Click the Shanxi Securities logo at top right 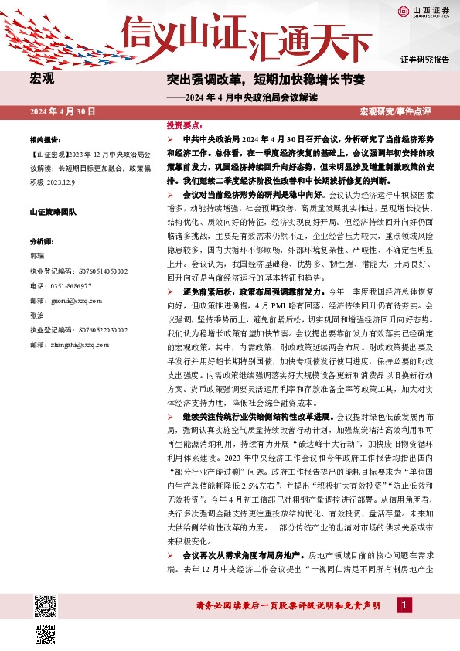click(x=424, y=11)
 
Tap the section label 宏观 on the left click(x=42, y=78)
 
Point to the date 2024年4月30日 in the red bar click(x=62, y=112)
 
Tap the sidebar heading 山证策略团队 click(x=53, y=211)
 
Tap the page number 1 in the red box click(x=403, y=605)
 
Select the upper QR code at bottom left click(x=44, y=603)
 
